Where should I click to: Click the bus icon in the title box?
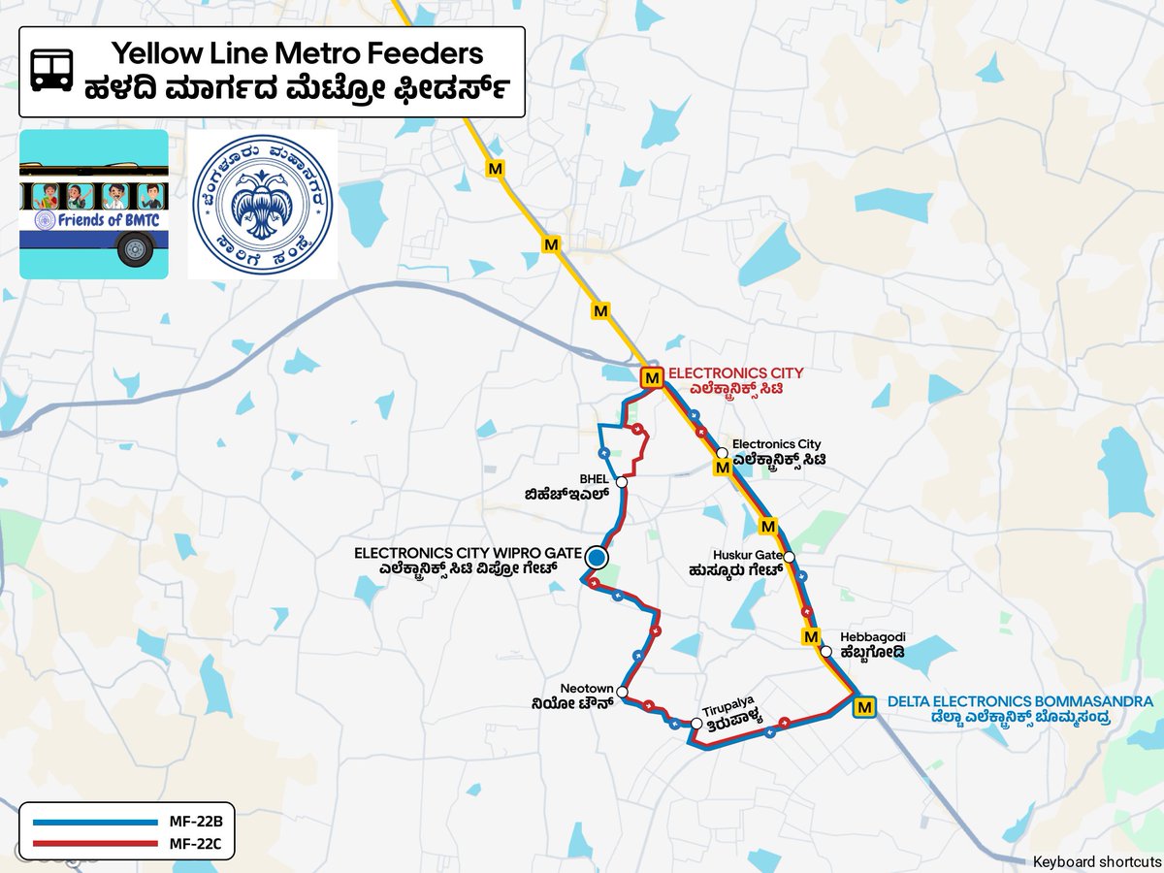pyautogui.click(x=51, y=71)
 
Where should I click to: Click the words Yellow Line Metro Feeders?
pyautogui.click(x=296, y=52)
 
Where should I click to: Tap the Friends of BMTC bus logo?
pyautogui.click(x=94, y=204)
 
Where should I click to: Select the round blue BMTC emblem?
pyautogui.click(x=262, y=204)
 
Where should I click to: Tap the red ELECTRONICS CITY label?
pyautogui.click(x=736, y=372)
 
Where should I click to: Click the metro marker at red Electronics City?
pyautogui.click(x=652, y=377)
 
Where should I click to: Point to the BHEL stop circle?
pyautogui.click(x=621, y=482)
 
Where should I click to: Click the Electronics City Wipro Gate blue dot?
pyautogui.click(x=596, y=558)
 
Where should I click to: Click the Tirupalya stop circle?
pyautogui.click(x=696, y=724)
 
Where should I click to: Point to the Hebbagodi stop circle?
pyautogui.click(x=825, y=652)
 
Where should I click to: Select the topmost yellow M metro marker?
pyautogui.click(x=497, y=168)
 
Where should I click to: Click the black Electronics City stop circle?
pyautogui.click(x=723, y=453)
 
